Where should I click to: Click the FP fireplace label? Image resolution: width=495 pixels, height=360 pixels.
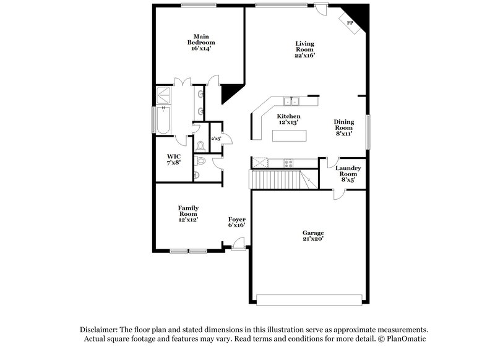[350, 23]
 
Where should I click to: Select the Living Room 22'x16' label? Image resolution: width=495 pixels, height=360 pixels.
[304, 49]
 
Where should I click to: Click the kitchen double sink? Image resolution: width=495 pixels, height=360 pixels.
[291, 101]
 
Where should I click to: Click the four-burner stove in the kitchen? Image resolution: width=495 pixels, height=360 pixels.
[288, 163]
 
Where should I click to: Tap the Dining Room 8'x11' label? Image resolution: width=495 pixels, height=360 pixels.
[343, 127]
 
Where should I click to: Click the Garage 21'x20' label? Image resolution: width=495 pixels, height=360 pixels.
[313, 236]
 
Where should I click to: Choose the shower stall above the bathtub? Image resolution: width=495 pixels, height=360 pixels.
[165, 94]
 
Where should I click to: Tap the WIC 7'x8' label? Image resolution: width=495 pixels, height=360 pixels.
[173, 159]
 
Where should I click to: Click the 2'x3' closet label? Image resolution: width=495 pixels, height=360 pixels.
[216, 139]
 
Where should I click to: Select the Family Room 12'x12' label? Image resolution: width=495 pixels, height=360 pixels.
[188, 213]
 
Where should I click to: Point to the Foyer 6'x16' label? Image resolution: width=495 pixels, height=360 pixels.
[237, 222]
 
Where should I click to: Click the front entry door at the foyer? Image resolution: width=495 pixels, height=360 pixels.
[238, 244]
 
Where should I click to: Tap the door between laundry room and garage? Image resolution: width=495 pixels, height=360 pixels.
[339, 194]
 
